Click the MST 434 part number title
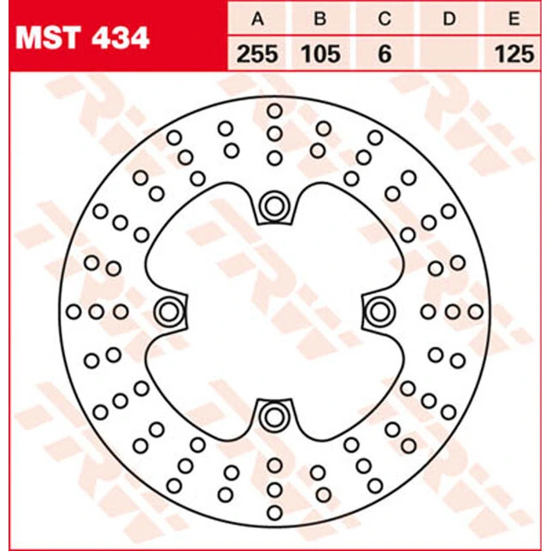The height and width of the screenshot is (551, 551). [82, 38]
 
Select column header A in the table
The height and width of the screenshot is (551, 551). [258, 19]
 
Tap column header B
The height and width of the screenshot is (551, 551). [320, 19]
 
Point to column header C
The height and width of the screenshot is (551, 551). [384, 19]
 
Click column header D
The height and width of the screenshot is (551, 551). [448, 19]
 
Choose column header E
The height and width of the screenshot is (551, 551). [514, 19]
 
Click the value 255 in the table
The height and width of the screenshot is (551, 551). [257, 54]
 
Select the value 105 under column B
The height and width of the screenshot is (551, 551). [321, 54]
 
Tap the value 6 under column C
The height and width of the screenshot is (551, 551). [384, 54]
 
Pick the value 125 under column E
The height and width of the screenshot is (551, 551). [514, 54]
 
